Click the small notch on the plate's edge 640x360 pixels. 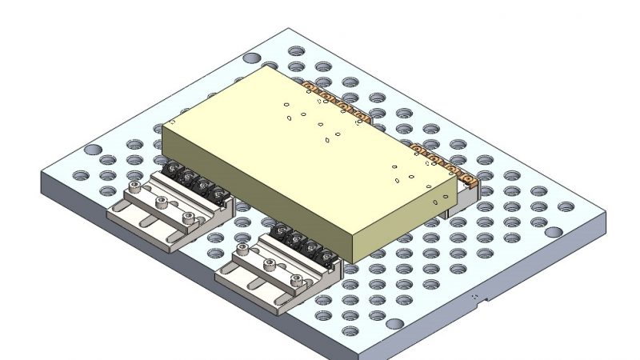tap(478, 298)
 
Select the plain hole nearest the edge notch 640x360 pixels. tap(395, 325)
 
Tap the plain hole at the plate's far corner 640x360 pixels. tap(250, 58)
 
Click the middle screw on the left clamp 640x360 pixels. tap(162, 203)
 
